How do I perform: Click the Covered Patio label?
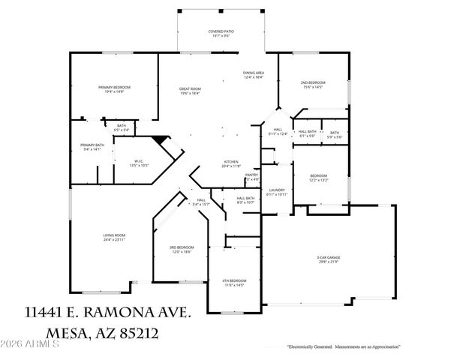tap(221, 33)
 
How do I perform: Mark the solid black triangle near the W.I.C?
tap(158, 140)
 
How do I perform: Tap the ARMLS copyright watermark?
tap(30, 344)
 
